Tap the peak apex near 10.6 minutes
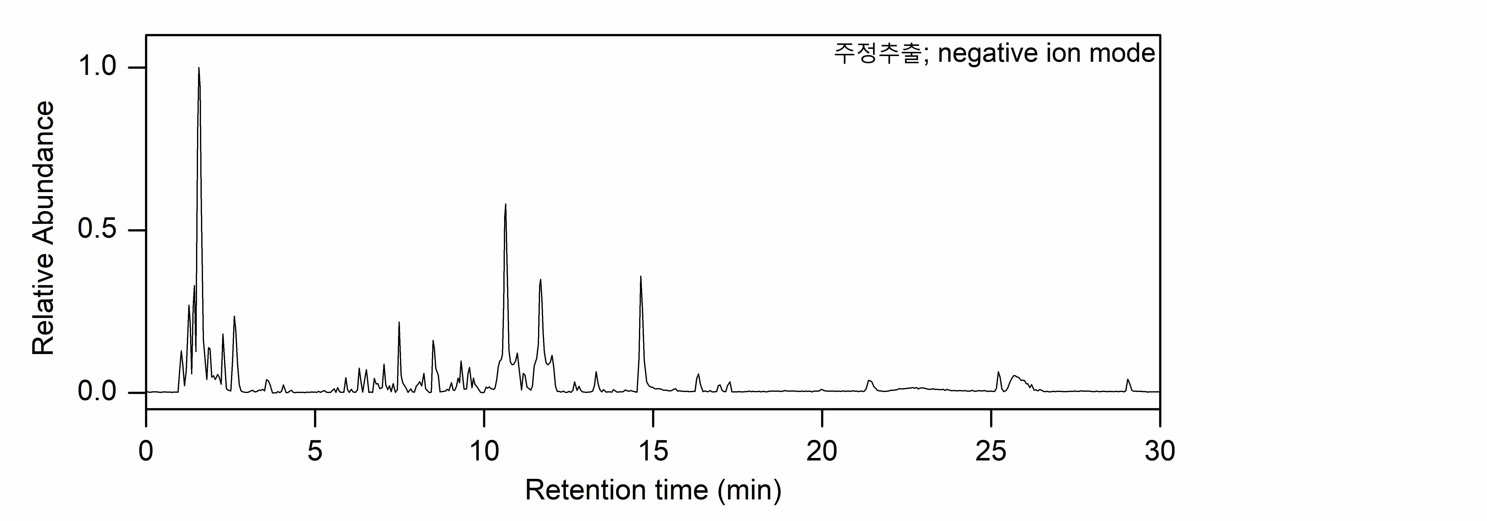pyautogui.click(x=506, y=204)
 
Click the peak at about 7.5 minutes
pyautogui.click(x=399, y=323)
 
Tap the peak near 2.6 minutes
pyautogui.click(x=234, y=317)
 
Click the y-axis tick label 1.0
pyautogui.click(x=97, y=67)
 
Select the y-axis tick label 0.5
pyautogui.click(x=97, y=230)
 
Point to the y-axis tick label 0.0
pyautogui.click(x=97, y=392)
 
